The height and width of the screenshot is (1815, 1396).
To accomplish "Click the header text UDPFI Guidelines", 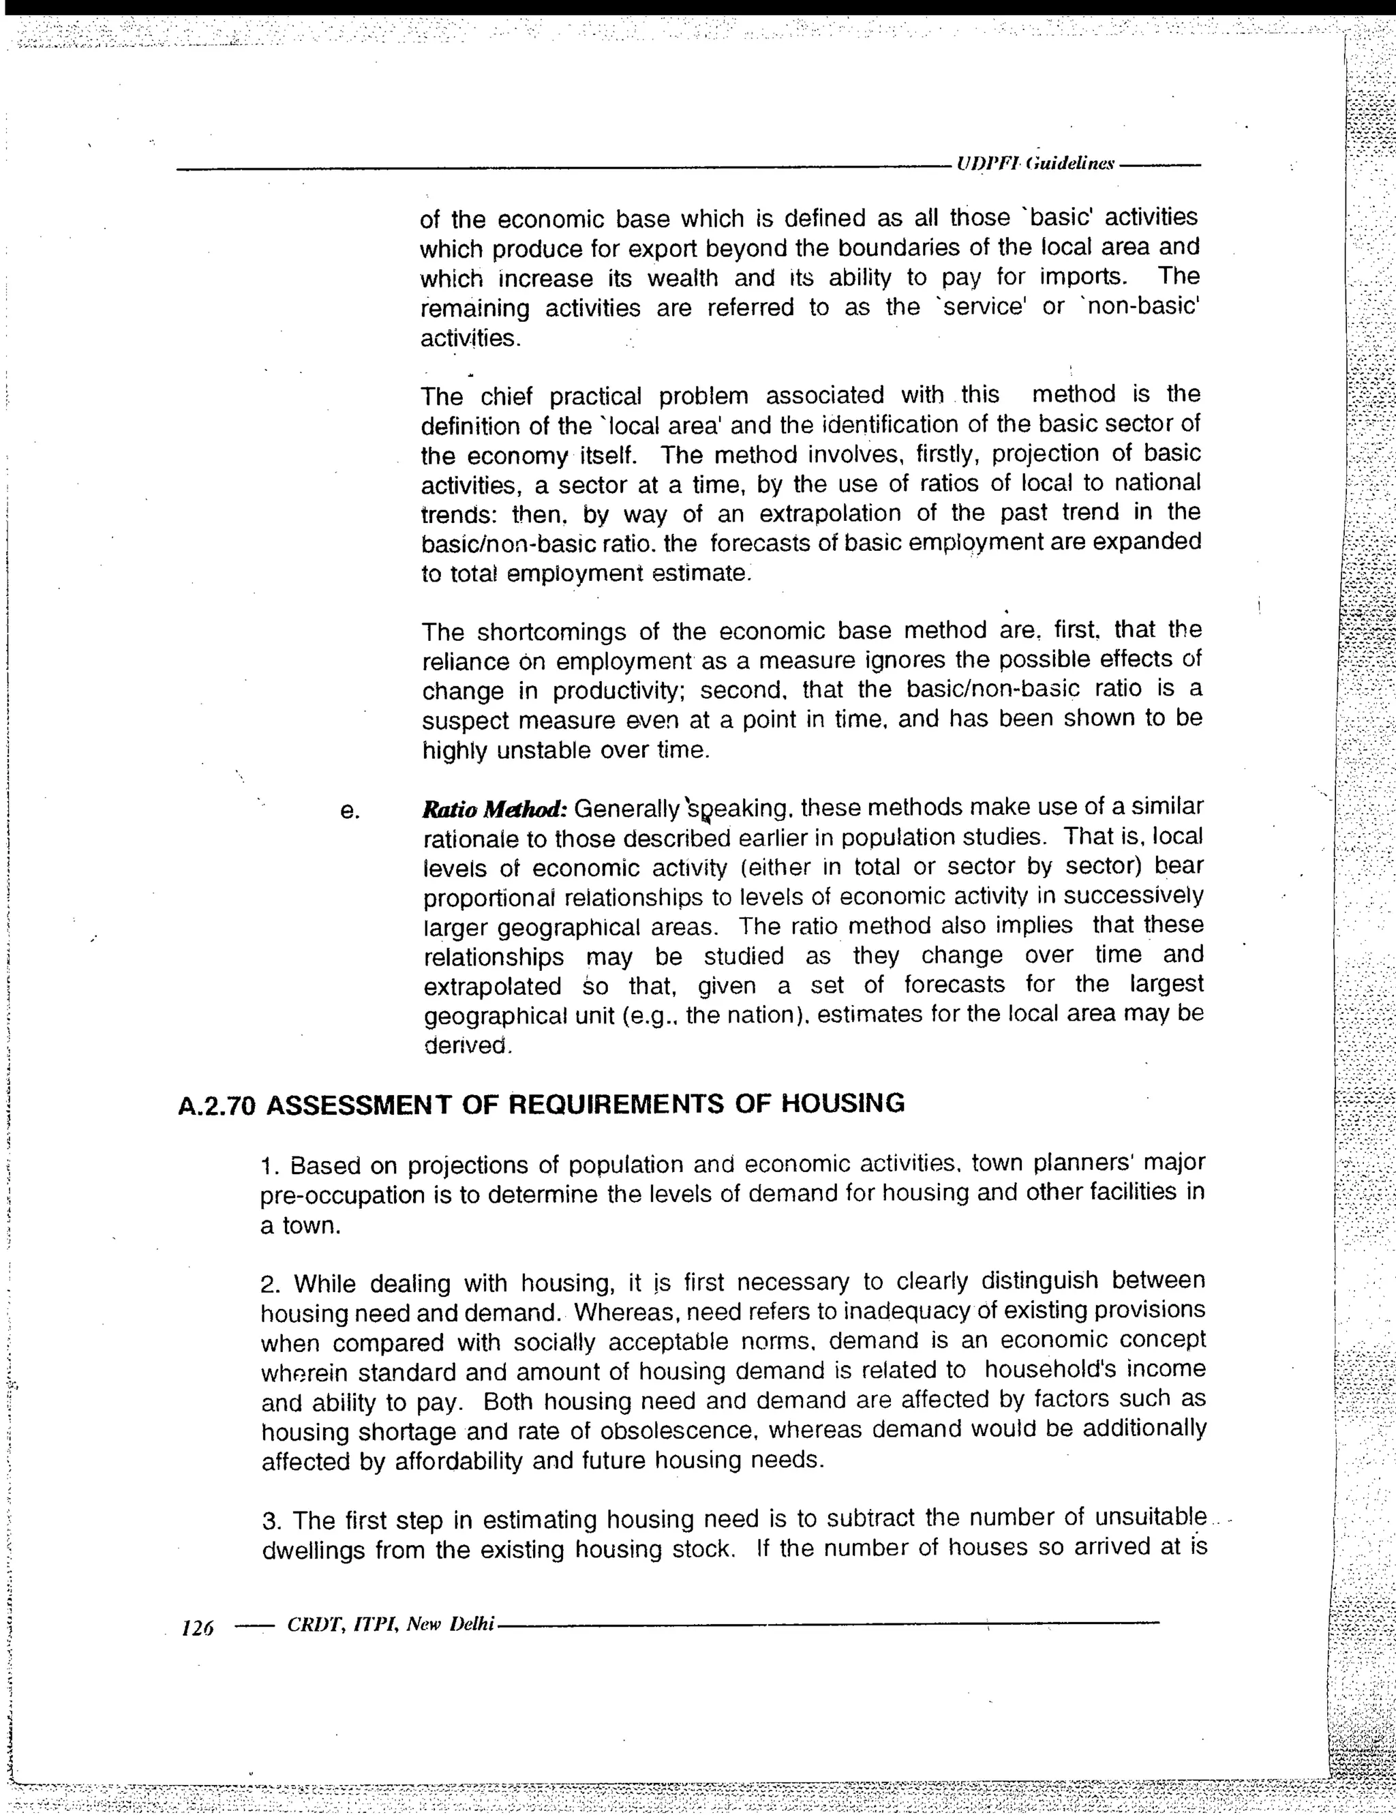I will [x=1035, y=163].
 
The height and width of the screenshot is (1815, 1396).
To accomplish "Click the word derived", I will [x=466, y=1045].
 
